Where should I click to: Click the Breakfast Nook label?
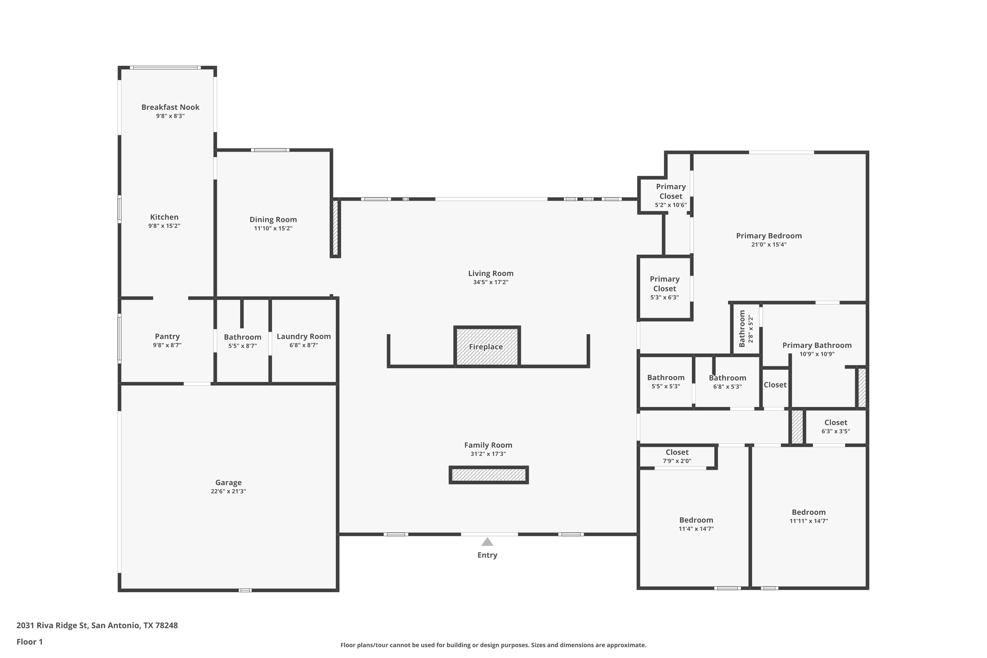pos(170,107)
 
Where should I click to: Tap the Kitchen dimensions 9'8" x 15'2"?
pos(164,226)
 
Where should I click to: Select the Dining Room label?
pos(273,219)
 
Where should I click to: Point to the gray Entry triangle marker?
pos(487,542)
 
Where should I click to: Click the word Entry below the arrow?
pos(487,555)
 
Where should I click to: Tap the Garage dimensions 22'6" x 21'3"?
pos(228,492)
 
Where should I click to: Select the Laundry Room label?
pos(304,337)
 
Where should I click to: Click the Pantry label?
pos(167,337)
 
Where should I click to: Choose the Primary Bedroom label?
pos(769,236)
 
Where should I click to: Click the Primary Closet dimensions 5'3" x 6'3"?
pos(665,297)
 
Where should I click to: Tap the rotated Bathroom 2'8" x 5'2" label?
pos(746,329)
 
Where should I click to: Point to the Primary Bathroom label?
pos(817,345)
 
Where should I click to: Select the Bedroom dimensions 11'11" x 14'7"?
pos(809,521)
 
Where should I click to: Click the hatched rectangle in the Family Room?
pos(489,475)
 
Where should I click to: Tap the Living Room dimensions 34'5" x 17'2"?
pos(491,282)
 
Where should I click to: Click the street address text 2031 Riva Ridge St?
pos(52,626)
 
